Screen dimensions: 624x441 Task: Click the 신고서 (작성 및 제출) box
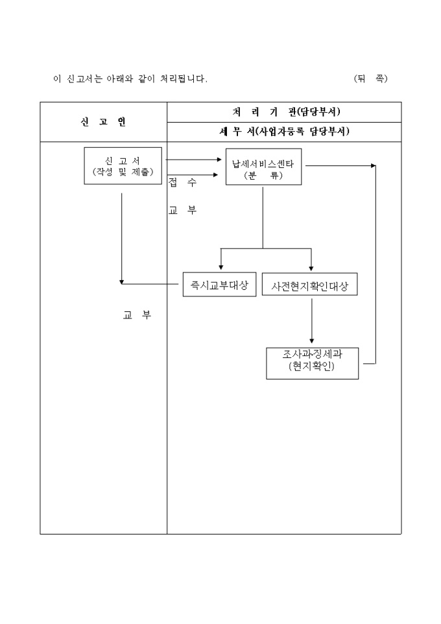tap(123, 166)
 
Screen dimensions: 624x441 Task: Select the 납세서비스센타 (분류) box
tap(263, 169)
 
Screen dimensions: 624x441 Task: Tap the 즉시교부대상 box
tap(219, 285)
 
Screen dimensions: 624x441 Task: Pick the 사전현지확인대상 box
tap(310, 285)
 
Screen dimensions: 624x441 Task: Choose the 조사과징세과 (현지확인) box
tap(312, 362)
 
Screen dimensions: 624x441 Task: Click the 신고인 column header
tap(103, 122)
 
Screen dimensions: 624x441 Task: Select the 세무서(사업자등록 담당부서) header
tap(285, 132)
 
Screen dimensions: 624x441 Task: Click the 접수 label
tap(182, 184)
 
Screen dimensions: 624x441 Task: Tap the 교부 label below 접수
tap(182, 210)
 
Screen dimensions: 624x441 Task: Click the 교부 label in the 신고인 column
tap(137, 316)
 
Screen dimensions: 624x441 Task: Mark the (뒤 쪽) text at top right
tap(370, 79)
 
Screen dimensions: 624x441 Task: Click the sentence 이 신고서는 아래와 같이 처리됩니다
tap(130, 79)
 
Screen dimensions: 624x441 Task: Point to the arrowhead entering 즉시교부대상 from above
tap(221, 267)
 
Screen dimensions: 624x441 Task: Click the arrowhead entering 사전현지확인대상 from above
tap(311, 267)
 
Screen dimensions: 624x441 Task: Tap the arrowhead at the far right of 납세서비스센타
tap(373, 165)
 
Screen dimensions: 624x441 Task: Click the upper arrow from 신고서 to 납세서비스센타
tap(195, 159)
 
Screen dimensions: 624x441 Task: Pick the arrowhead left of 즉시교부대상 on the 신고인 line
tap(122, 282)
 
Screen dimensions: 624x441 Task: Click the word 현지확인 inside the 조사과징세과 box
tap(312, 368)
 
